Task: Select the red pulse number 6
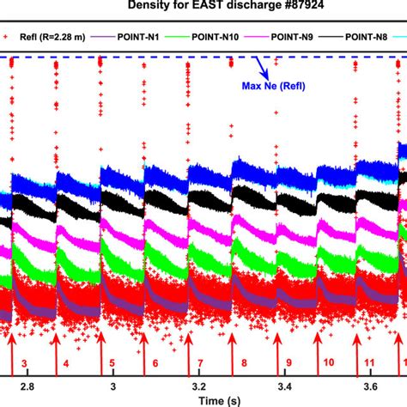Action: pyautogui.click(x=155, y=364)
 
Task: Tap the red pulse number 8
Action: pyautogui.click(x=244, y=364)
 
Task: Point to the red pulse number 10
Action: pyautogui.click(x=329, y=364)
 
